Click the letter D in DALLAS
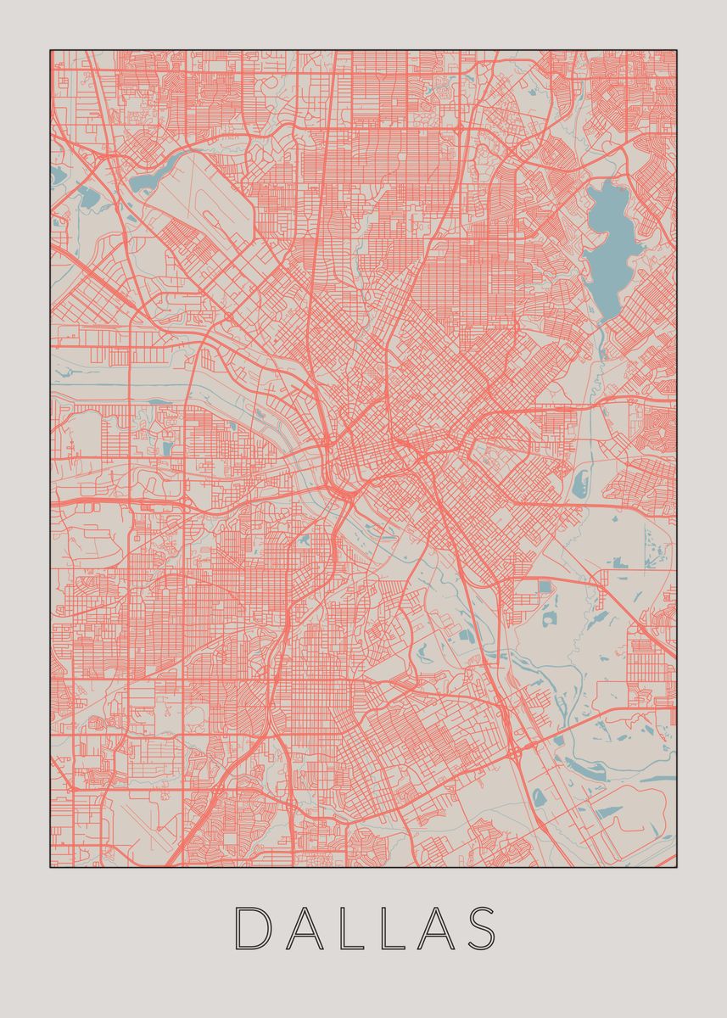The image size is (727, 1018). click(x=251, y=928)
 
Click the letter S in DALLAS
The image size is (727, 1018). click(x=480, y=928)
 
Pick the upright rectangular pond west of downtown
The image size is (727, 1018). click(x=166, y=449)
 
